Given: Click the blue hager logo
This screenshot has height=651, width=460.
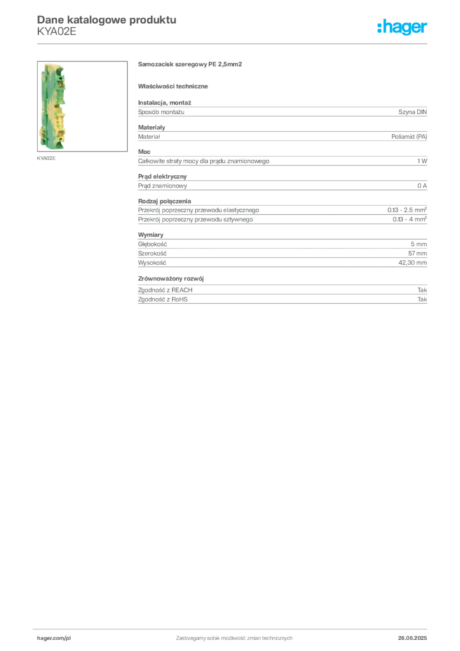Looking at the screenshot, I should [403, 28].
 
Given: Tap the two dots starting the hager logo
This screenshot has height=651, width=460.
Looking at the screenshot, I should [378, 24].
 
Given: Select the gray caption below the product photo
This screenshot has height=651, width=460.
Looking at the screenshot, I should [48, 158].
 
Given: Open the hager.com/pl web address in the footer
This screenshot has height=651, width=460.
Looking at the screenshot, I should [54, 637].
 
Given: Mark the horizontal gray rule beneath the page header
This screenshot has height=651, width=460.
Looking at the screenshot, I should [234, 43].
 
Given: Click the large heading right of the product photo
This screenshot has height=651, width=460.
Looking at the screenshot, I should [191, 64].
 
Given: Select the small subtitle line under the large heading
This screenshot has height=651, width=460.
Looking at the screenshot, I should [175, 86].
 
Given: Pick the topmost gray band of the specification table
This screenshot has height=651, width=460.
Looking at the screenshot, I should [282, 112].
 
